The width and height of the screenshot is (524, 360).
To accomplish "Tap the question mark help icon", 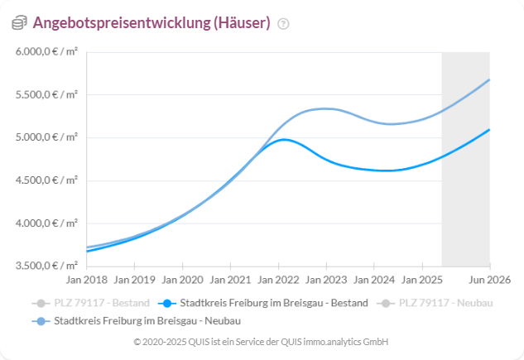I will pyautogui.click(x=284, y=24).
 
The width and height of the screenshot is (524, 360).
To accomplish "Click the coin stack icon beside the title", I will pyautogui.click(x=19, y=23).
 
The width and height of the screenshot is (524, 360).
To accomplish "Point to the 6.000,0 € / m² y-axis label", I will pyautogui.click(x=47, y=52).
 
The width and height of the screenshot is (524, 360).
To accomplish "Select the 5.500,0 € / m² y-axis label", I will pyautogui.click(x=47, y=94).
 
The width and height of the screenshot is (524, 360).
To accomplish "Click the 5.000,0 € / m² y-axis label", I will pyautogui.click(x=47, y=137).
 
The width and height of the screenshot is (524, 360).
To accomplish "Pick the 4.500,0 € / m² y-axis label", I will pyautogui.click(x=47, y=180).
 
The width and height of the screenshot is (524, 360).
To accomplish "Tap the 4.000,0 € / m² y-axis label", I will pyautogui.click(x=47, y=223).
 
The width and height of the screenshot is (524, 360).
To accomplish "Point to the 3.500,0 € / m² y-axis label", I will pyautogui.click(x=47, y=265).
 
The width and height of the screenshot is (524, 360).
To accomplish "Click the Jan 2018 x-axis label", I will pyautogui.click(x=87, y=280).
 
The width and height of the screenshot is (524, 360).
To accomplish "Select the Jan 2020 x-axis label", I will pyautogui.click(x=181, y=280).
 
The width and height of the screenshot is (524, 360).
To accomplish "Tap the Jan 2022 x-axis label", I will pyautogui.click(x=277, y=280).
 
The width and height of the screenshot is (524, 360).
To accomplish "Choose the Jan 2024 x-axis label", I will pyautogui.click(x=373, y=280).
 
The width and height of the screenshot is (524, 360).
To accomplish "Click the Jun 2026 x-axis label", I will pyautogui.click(x=489, y=280).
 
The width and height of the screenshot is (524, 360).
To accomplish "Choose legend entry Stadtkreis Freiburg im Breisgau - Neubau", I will pyautogui.click(x=137, y=319).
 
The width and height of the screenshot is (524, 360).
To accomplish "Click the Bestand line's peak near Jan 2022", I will pyautogui.click(x=284, y=139).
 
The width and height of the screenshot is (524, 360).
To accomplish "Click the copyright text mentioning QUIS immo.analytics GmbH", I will pyautogui.click(x=261, y=342).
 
